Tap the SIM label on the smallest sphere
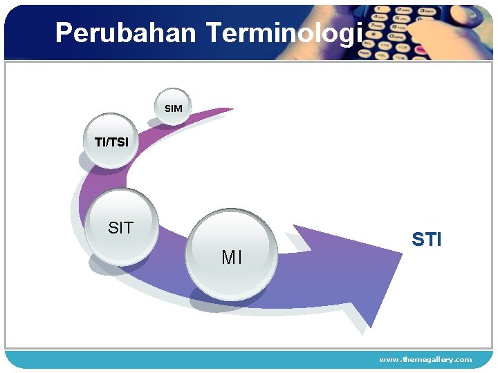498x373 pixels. click(x=174, y=108)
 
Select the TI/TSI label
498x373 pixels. click(x=111, y=142)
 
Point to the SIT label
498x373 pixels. click(x=121, y=228)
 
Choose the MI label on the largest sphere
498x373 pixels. click(x=232, y=258)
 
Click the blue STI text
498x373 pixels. click(x=426, y=240)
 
